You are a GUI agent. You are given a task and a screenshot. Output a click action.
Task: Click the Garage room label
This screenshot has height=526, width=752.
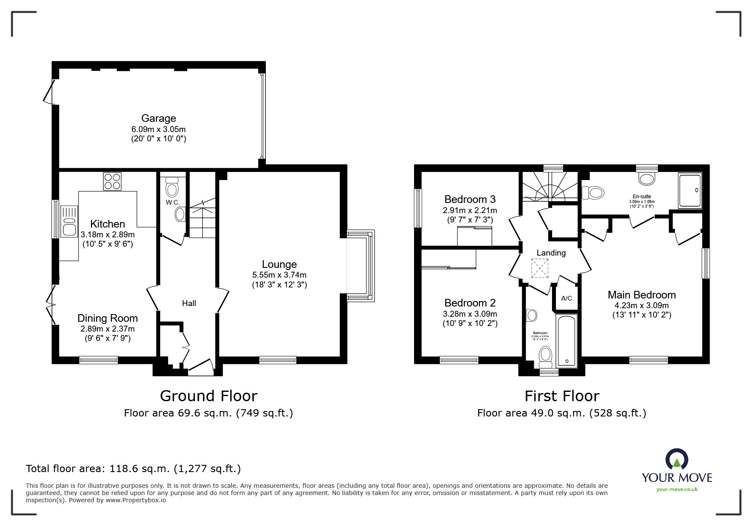pyautogui.click(x=158, y=118)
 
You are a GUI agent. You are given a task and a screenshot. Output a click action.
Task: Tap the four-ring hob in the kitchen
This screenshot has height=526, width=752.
pyautogui.click(x=112, y=182)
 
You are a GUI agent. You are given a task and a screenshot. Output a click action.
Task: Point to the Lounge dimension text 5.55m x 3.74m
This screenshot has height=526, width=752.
pyautogui.click(x=279, y=275)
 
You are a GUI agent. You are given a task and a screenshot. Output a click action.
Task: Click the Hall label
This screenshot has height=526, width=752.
pyautogui.click(x=189, y=303)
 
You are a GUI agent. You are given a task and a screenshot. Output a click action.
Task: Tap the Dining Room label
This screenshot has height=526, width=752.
pyautogui.click(x=107, y=318)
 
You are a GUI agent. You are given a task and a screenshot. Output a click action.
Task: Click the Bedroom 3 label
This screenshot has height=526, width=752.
pyautogui.click(x=470, y=199)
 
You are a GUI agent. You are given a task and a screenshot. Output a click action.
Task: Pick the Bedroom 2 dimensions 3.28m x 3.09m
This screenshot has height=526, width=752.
pyautogui.click(x=470, y=314)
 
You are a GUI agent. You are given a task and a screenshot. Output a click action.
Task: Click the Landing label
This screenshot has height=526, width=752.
pyautogui.click(x=551, y=253)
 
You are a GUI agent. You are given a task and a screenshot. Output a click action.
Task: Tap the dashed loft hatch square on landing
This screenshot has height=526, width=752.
pyautogui.click(x=540, y=268)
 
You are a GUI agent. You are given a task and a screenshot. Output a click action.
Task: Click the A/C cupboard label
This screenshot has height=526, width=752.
pyautogui.click(x=566, y=298)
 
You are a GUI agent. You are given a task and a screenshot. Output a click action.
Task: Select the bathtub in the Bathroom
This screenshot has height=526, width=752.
pyautogui.click(x=566, y=341)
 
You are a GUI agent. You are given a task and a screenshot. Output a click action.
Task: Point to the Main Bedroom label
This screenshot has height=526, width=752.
pyautogui.click(x=641, y=295)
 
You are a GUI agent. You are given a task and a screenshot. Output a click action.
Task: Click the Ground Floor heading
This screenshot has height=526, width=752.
pyautogui.click(x=208, y=396)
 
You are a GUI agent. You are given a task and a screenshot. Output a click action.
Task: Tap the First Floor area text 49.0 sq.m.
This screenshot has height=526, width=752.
pyautogui.click(x=561, y=413)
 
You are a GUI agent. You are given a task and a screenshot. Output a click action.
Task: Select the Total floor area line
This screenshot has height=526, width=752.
pyautogui.click(x=133, y=469)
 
